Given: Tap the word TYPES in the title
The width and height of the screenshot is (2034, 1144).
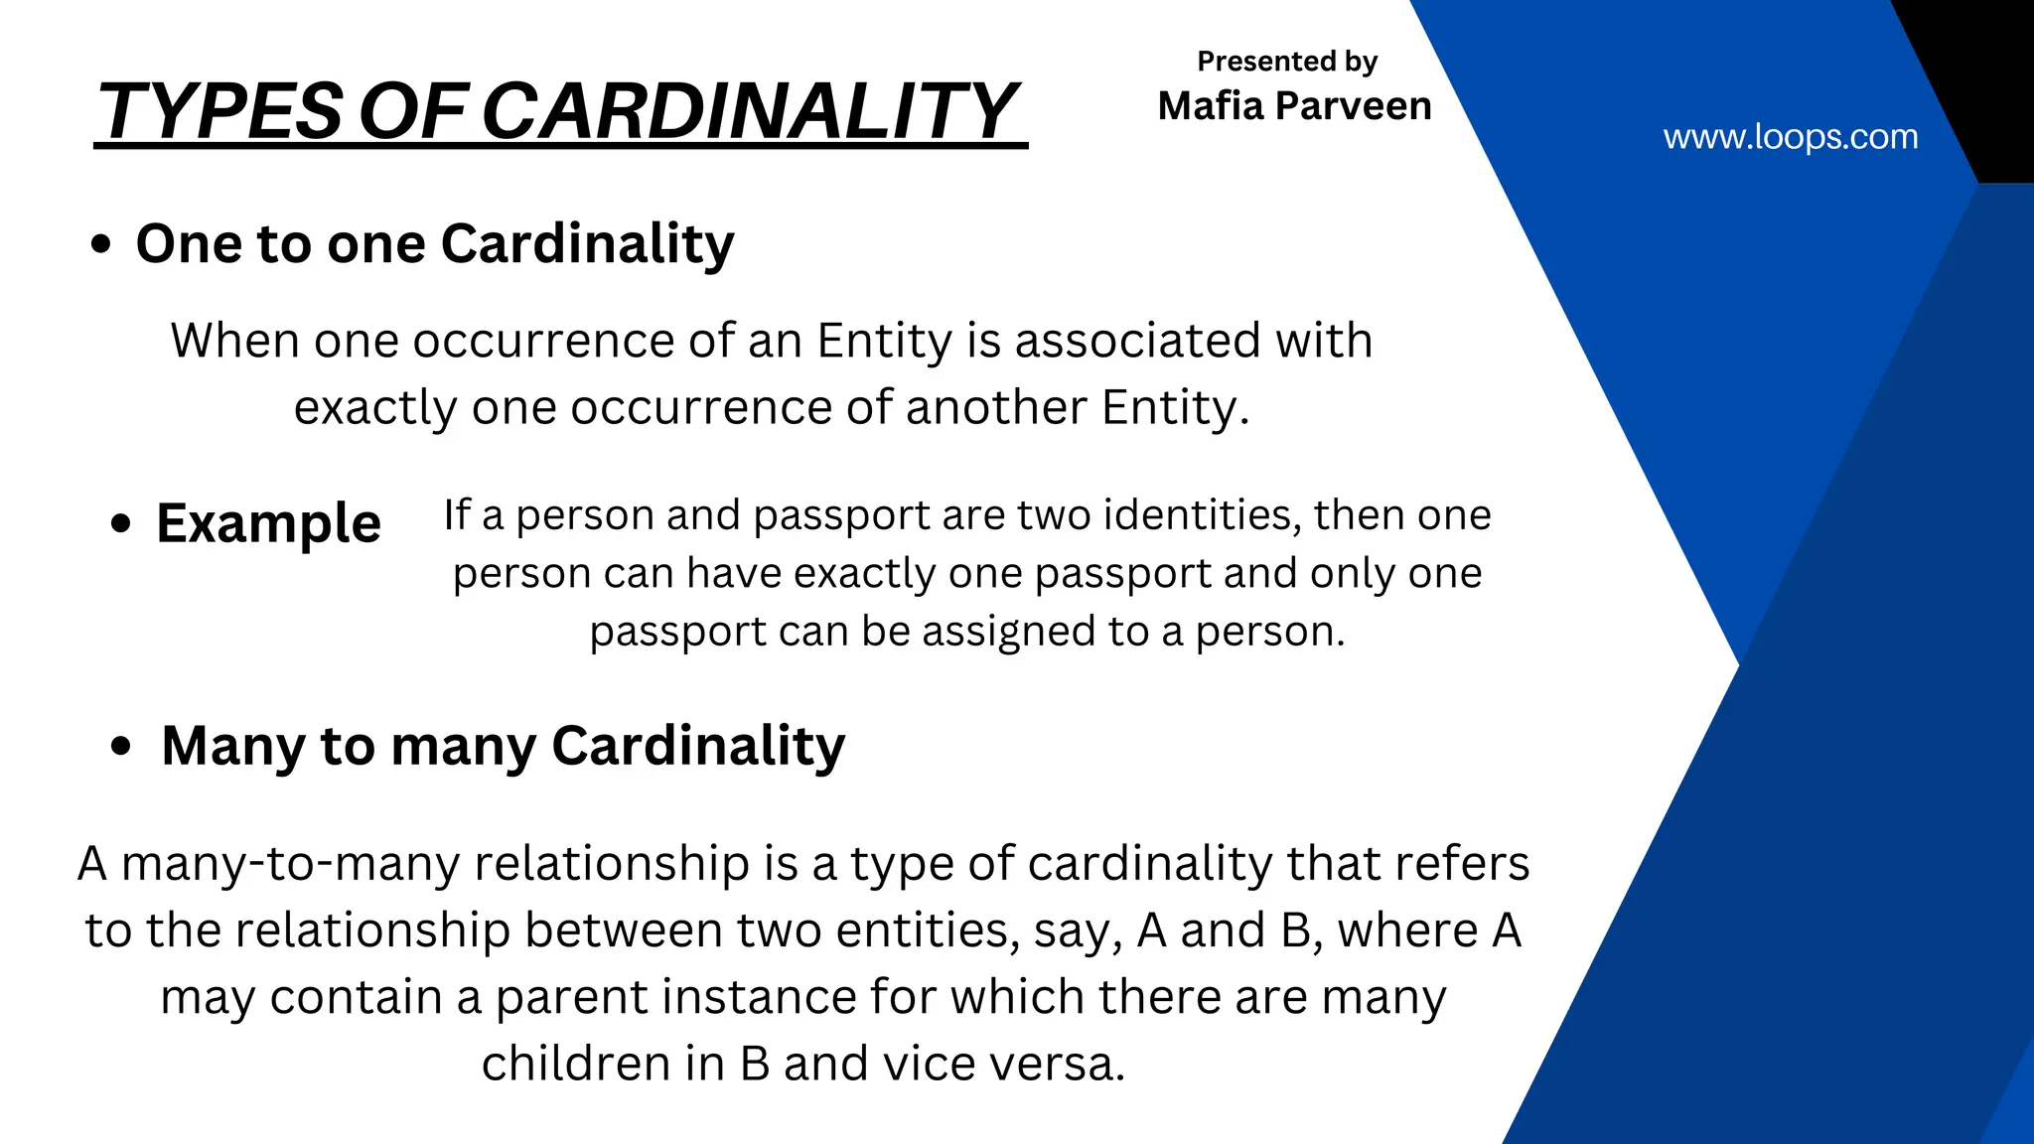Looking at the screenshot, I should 221,110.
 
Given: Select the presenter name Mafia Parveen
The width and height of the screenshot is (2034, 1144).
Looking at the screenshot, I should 1294,105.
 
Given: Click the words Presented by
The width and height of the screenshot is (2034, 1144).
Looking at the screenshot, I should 1287,62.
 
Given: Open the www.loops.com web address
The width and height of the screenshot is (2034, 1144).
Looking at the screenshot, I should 1790,136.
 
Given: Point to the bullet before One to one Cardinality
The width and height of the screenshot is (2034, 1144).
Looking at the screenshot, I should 100,244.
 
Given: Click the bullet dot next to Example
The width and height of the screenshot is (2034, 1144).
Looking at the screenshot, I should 121,523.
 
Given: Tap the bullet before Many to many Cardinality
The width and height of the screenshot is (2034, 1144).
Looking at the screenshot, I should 121,746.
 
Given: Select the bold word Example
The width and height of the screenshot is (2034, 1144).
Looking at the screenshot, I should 268,523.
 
